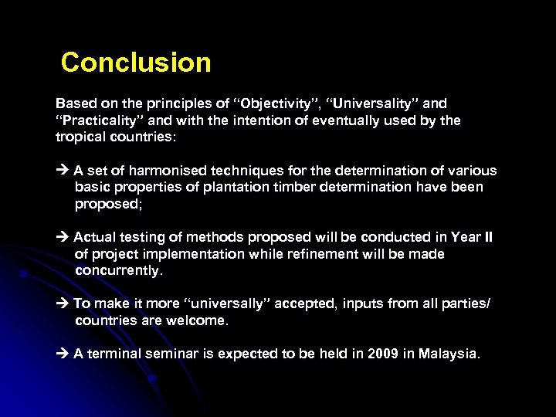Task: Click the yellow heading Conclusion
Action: tap(136, 63)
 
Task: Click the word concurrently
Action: tap(119, 270)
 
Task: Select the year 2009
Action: tap(381, 354)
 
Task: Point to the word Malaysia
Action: tap(449, 354)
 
